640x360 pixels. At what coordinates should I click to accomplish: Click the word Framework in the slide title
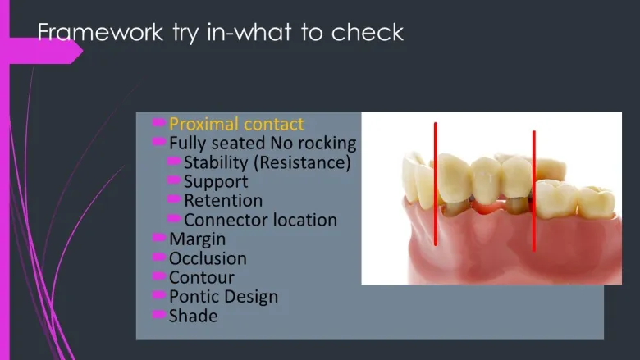100,32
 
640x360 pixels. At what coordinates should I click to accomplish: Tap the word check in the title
368,32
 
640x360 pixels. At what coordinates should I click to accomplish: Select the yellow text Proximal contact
236,124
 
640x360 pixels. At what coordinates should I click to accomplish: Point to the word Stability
216,162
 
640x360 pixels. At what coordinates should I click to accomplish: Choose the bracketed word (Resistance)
302,162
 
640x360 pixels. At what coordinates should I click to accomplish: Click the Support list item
216,182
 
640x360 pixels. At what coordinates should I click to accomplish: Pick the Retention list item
223,201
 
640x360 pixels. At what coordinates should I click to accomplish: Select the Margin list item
197,239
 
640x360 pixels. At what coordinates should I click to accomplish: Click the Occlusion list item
208,258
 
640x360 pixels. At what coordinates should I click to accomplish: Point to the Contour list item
202,278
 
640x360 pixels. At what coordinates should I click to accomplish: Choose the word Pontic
193,297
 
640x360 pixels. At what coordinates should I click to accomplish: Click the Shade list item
193,316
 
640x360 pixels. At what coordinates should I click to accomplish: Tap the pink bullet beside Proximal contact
159,122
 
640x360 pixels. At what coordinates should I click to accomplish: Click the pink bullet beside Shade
159,314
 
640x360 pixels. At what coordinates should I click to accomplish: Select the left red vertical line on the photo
436,184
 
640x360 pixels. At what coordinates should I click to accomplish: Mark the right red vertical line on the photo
534,191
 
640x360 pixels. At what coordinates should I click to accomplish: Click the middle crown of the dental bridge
485,180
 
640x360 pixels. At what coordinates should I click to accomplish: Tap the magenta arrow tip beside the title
83,51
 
